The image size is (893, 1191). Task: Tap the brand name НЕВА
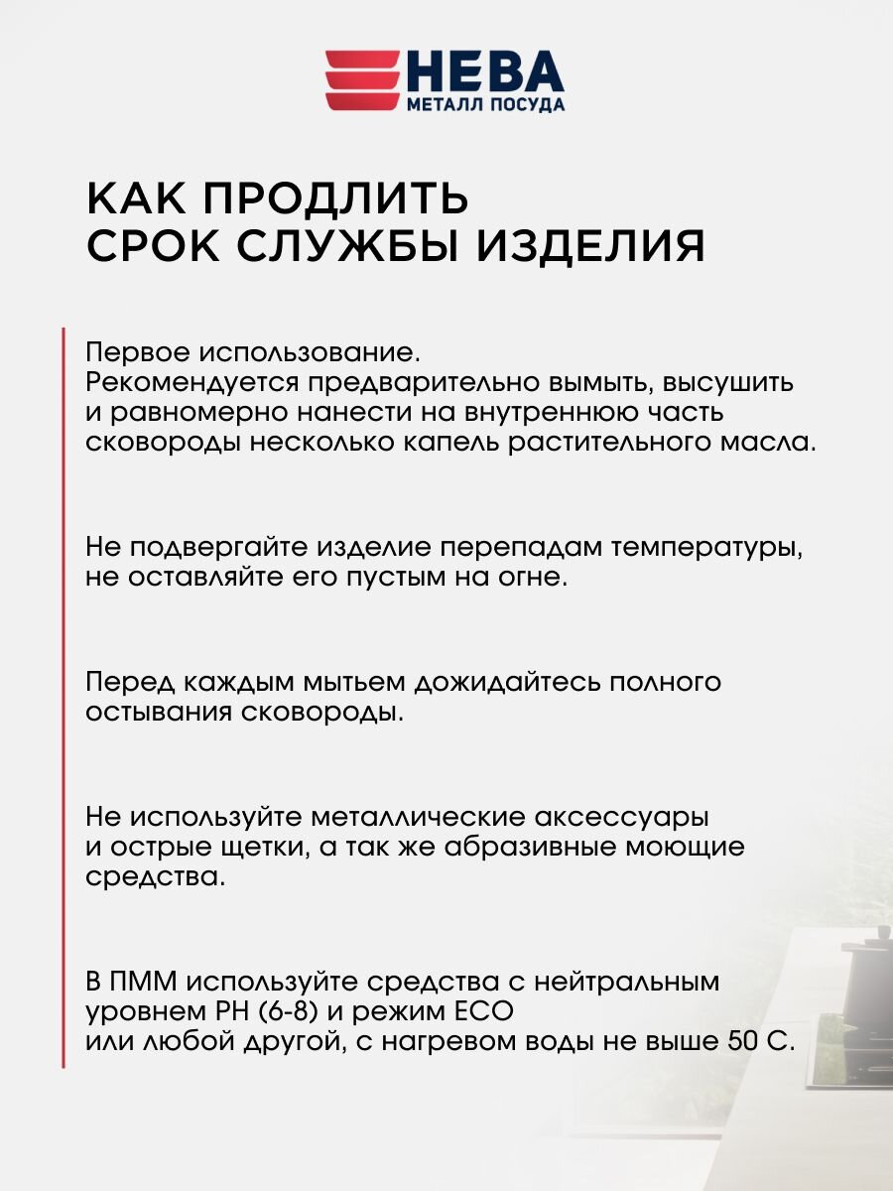tap(484, 71)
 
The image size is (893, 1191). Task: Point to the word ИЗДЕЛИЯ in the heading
tap(589, 245)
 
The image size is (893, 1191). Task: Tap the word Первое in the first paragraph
tap(139, 353)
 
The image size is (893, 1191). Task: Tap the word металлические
tap(417, 818)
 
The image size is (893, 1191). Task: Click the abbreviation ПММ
tap(146, 983)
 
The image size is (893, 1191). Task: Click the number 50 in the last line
tap(742, 1041)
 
